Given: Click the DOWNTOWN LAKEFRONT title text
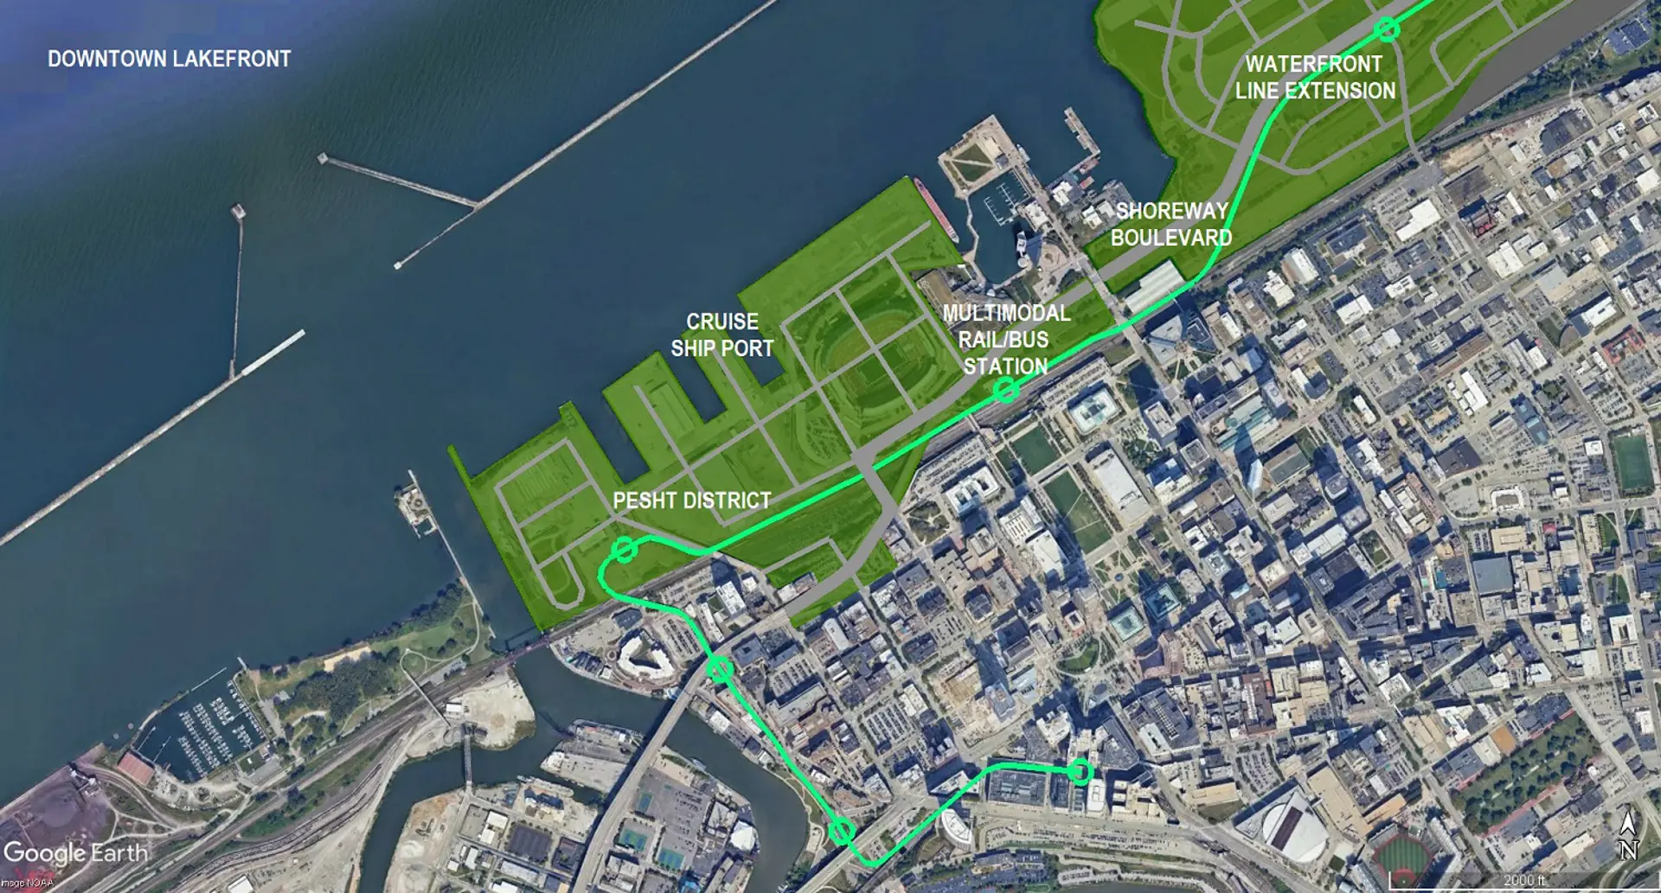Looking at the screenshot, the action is click(169, 59).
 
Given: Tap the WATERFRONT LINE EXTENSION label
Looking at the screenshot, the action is click(1314, 77).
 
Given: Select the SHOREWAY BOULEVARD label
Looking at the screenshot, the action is click(1171, 224).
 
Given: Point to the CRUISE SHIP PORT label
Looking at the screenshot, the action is click(722, 335).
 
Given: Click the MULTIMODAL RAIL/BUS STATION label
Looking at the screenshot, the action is click(1005, 339).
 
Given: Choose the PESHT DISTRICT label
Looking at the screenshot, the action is click(691, 501).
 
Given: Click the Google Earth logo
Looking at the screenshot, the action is click(75, 853).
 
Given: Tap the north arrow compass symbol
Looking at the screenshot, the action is click(1628, 835).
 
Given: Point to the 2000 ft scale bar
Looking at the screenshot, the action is click(1523, 881).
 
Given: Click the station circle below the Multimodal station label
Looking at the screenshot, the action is click(1005, 391).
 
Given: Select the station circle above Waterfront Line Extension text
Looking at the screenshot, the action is click(1388, 29).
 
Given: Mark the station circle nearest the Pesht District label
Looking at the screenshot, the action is click(625, 549).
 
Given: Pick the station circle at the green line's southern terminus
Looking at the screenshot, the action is click(1080, 771).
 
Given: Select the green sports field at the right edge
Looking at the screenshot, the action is click(1631, 462).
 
